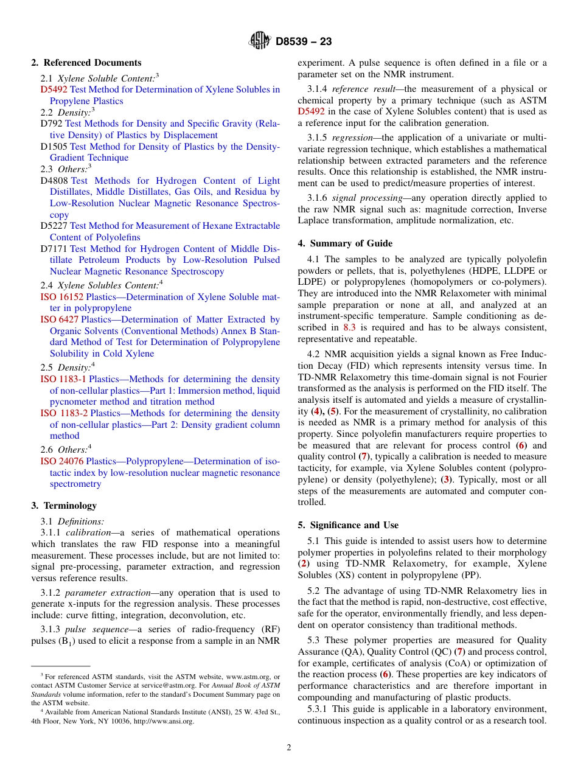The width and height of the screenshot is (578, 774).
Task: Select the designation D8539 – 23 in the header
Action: point(304,42)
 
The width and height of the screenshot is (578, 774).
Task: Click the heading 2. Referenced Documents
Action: point(86,63)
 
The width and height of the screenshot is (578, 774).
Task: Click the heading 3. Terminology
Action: point(63,506)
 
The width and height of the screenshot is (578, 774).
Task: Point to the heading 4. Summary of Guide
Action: point(345,243)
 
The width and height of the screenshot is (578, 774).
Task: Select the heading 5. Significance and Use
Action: point(348,525)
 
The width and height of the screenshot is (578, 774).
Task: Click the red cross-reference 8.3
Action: point(349,327)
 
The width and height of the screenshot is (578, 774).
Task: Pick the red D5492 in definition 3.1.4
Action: point(311,111)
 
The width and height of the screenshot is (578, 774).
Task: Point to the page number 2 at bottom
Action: point(289,748)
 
